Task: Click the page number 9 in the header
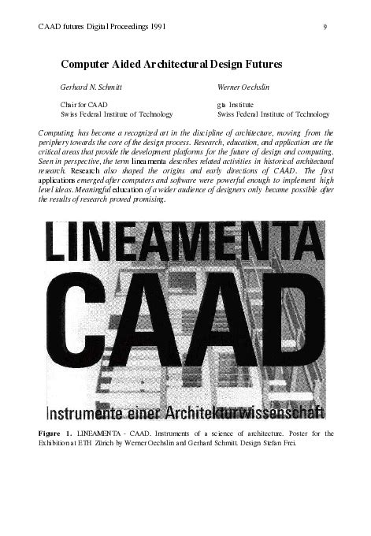pyautogui.click(x=325, y=28)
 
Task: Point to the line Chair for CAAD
pyautogui.click(x=84, y=104)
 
